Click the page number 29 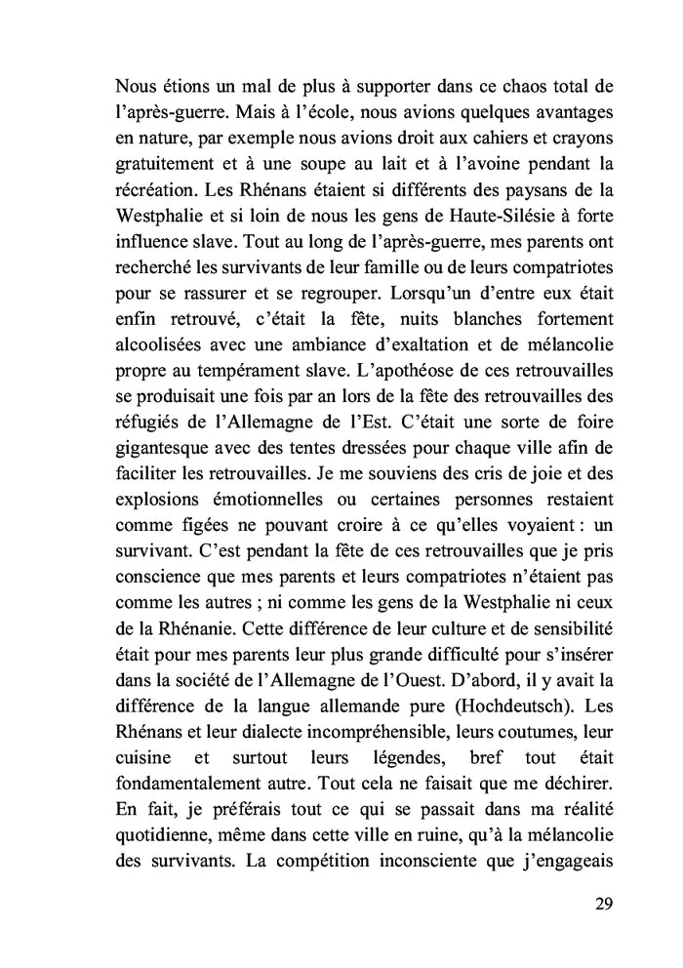point(602,902)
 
